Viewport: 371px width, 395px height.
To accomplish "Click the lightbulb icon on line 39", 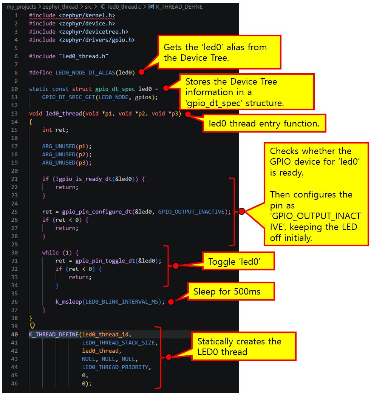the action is [32, 326].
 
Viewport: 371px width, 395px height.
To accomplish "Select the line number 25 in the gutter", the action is [14, 211].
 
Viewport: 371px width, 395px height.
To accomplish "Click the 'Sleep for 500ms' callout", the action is [231, 292].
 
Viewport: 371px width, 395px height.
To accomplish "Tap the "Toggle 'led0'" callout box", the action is [238, 261].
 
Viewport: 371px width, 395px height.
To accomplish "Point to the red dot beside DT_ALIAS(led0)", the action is [141, 72].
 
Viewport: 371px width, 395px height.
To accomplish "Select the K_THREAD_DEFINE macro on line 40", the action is [54, 334].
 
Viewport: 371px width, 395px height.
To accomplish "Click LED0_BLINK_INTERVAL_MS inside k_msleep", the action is [122, 302].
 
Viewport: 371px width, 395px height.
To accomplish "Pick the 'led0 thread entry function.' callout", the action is [264, 123].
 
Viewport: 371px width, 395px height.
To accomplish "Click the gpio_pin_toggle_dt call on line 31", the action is [105, 261].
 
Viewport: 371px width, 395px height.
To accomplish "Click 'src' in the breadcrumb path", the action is [88, 7].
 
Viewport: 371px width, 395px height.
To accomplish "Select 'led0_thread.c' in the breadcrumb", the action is [124, 7].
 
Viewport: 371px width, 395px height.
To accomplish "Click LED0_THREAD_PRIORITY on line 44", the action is [115, 367].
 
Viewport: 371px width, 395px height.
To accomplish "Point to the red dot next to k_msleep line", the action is [171, 302].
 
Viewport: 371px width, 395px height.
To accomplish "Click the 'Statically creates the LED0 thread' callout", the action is [243, 346].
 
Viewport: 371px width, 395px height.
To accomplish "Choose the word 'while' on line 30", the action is [50, 252].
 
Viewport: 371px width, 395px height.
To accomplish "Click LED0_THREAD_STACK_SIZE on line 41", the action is [119, 343].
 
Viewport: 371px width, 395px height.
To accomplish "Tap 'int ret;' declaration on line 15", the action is [55, 130].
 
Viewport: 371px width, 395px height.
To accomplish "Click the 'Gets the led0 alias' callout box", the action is [219, 52].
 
